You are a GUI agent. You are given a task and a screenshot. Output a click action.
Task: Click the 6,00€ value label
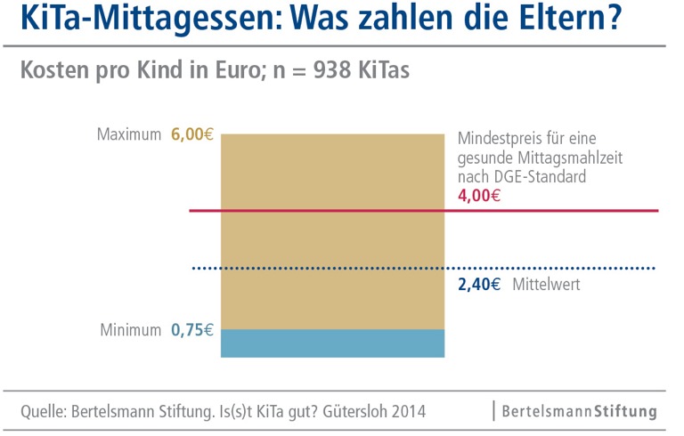click(192, 135)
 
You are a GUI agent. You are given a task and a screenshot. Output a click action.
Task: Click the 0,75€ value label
click(192, 330)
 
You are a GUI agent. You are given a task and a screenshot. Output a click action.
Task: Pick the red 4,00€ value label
click(478, 195)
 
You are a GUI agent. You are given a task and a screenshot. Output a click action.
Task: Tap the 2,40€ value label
click(478, 285)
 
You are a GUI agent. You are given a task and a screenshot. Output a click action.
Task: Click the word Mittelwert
click(546, 285)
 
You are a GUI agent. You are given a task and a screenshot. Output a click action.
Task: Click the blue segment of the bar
click(332, 343)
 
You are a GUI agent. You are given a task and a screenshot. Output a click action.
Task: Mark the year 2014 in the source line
click(408, 412)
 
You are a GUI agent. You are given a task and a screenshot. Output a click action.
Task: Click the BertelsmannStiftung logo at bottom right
click(579, 412)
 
